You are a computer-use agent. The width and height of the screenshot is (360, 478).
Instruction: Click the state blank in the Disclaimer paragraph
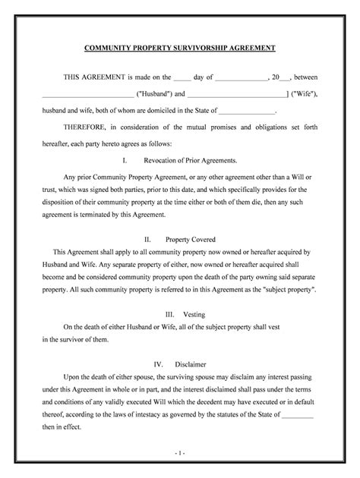coord(298,415)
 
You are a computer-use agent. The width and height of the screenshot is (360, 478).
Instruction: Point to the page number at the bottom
coord(180,453)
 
